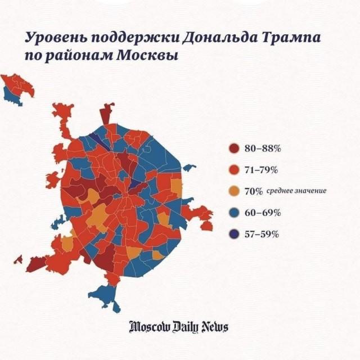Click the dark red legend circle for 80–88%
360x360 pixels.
click(234, 148)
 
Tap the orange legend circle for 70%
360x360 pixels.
click(234, 191)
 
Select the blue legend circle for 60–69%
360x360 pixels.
click(234, 213)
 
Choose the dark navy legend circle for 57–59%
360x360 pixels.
click(234, 234)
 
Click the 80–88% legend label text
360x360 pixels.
click(262, 148)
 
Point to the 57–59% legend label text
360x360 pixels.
click(262, 234)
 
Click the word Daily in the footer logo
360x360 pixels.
click(185, 327)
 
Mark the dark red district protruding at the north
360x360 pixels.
click(106, 114)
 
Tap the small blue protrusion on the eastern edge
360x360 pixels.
click(189, 167)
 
